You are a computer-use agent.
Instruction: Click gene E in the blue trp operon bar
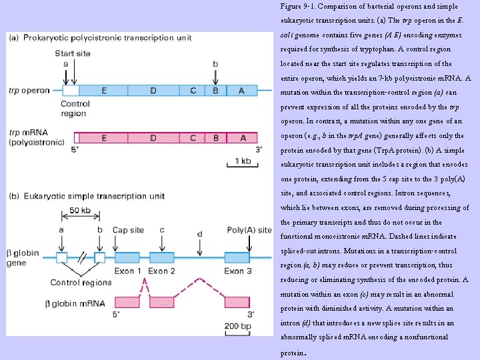point(103,91)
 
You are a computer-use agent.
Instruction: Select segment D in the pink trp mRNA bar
point(153,138)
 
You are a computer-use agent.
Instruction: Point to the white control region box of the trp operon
point(70,91)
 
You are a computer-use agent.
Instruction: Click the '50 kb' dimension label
point(81,211)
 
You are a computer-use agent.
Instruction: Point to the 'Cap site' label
point(128,230)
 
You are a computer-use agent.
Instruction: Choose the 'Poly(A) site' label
point(249,230)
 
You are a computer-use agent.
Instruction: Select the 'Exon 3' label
point(237,271)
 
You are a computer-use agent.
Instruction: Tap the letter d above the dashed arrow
point(200,234)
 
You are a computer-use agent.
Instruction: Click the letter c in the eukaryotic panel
point(162,230)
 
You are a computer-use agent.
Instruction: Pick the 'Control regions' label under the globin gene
point(81,283)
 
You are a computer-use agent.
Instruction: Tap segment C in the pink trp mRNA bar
point(193,138)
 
